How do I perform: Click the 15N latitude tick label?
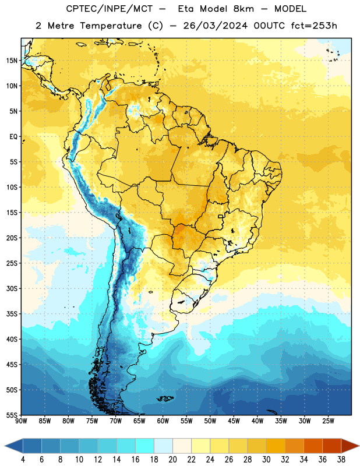point(12,61)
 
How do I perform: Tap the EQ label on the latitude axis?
point(13,137)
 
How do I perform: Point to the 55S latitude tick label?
point(12,415)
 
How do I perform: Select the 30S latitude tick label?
point(12,288)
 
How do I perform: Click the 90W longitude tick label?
point(21,421)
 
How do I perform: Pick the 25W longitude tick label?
point(328,421)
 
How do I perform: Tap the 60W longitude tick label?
point(163,421)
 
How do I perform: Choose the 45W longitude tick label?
point(234,421)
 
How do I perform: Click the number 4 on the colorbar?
point(23,460)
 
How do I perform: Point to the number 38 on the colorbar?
point(341,460)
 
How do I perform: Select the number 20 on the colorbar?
point(172,460)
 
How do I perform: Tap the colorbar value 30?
point(266,460)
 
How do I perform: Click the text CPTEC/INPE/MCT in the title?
point(110,9)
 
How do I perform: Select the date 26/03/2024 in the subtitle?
point(215,26)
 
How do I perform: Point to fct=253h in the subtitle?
point(314,26)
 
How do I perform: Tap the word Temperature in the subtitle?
point(111,26)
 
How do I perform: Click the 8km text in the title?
point(243,9)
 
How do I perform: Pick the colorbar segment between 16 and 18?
point(144,446)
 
